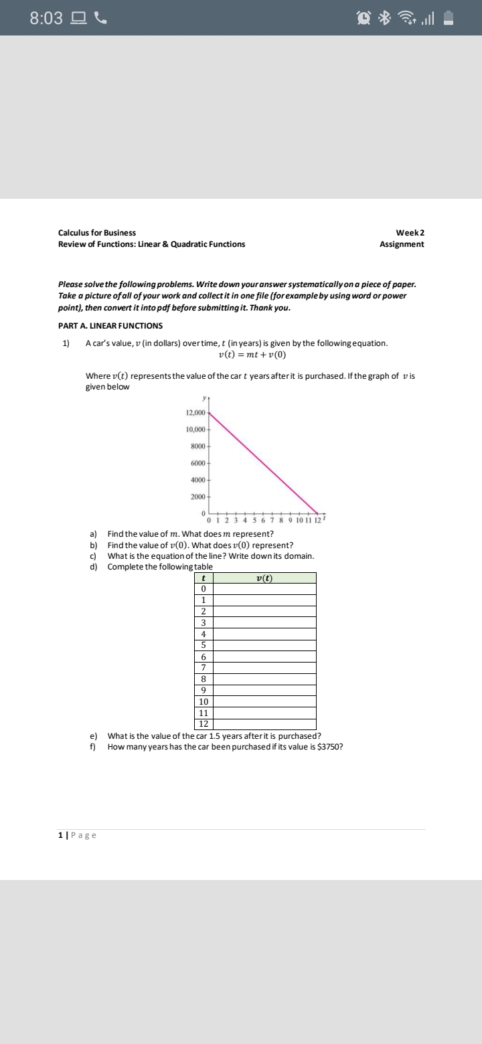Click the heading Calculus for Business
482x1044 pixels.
(x=97, y=232)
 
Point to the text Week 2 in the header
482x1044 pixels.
(x=410, y=232)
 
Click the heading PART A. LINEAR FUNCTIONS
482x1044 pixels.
(x=110, y=326)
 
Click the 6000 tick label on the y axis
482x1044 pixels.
(x=198, y=463)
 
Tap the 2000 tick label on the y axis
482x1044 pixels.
(x=198, y=497)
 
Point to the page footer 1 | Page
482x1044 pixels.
(x=77, y=835)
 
